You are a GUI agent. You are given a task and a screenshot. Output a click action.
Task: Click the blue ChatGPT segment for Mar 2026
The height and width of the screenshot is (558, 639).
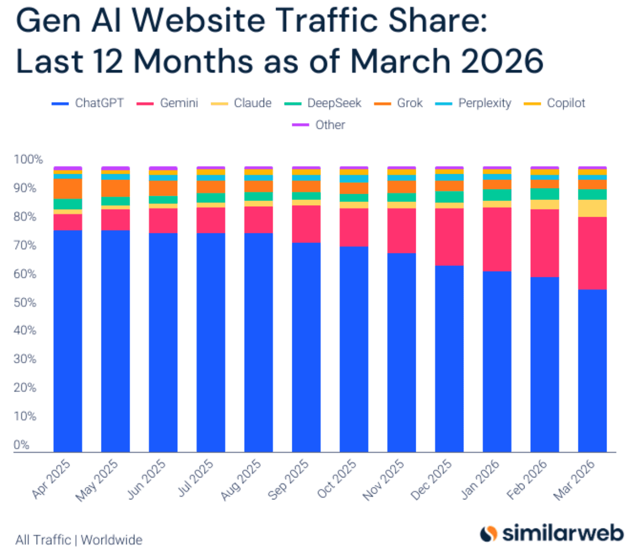(x=592, y=371)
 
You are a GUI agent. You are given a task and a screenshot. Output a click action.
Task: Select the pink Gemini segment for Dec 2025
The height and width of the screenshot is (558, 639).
(x=449, y=237)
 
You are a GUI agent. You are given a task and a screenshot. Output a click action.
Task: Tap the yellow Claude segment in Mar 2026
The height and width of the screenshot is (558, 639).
(x=592, y=208)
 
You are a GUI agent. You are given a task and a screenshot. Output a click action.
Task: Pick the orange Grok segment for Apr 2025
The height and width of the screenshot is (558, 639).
(x=68, y=189)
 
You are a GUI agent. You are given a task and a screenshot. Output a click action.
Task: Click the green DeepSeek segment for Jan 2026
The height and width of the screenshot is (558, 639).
(x=497, y=195)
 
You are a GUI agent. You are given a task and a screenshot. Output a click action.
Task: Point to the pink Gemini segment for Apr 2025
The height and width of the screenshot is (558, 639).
(x=68, y=222)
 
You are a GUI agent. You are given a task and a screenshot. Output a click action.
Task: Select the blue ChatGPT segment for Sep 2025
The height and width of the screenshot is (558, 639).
(x=306, y=347)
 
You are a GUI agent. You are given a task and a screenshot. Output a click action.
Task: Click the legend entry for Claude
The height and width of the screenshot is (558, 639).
(x=241, y=103)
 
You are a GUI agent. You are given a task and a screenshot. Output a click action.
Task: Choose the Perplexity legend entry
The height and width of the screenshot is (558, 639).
(x=473, y=103)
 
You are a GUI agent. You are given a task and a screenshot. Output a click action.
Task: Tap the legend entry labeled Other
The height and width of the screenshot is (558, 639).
(x=318, y=125)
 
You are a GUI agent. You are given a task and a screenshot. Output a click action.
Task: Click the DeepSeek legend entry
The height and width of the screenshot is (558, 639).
(x=323, y=103)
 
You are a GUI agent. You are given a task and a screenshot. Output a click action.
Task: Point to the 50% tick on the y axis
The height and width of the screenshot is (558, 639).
(x=25, y=303)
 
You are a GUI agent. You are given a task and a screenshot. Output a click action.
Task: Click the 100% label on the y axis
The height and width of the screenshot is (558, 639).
(x=28, y=160)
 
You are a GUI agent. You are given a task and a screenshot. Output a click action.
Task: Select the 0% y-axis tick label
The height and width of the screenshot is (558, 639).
(x=21, y=444)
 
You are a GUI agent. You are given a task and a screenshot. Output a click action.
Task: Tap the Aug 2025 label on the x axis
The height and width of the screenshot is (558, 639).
(x=241, y=479)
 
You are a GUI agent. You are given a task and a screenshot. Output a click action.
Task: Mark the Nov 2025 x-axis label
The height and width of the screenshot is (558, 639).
(x=383, y=479)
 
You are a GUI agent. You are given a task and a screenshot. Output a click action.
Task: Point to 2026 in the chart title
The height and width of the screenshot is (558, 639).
(x=503, y=61)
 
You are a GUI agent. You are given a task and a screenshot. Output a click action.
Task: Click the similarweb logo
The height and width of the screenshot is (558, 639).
(x=552, y=533)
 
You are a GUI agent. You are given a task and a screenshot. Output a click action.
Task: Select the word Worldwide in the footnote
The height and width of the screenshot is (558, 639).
(x=111, y=540)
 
